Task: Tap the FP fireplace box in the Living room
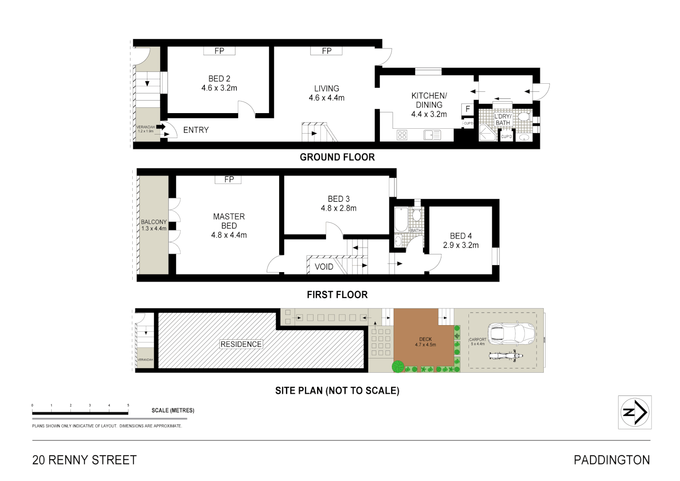(x=326, y=51)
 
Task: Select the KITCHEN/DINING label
(x=428, y=100)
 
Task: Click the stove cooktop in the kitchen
(x=402, y=134)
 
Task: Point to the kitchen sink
(x=432, y=134)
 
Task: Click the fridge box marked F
(x=468, y=109)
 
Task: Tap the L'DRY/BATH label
(x=503, y=119)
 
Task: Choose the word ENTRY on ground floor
(x=196, y=130)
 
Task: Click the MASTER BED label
(x=229, y=221)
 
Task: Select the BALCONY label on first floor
(x=154, y=222)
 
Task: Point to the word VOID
(x=324, y=267)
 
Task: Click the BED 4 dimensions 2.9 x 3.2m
(x=461, y=245)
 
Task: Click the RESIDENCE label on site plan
(x=241, y=344)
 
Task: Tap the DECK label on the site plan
(x=425, y=339)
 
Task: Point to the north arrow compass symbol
(x=635, y=412)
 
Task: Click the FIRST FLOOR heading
(x=337, y=295)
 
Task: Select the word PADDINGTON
(x=611, y=460)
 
